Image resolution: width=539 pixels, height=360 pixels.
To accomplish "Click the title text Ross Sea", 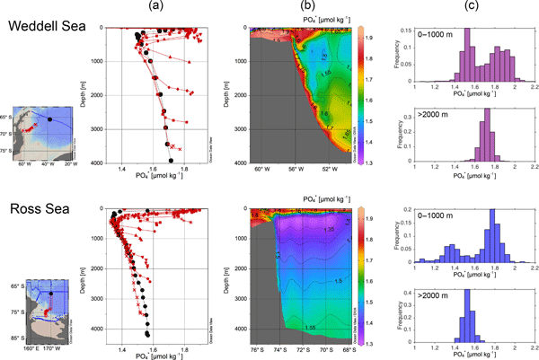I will (x=34, y=201).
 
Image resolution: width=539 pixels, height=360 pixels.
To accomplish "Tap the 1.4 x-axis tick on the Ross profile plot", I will (x=124, y=344).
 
